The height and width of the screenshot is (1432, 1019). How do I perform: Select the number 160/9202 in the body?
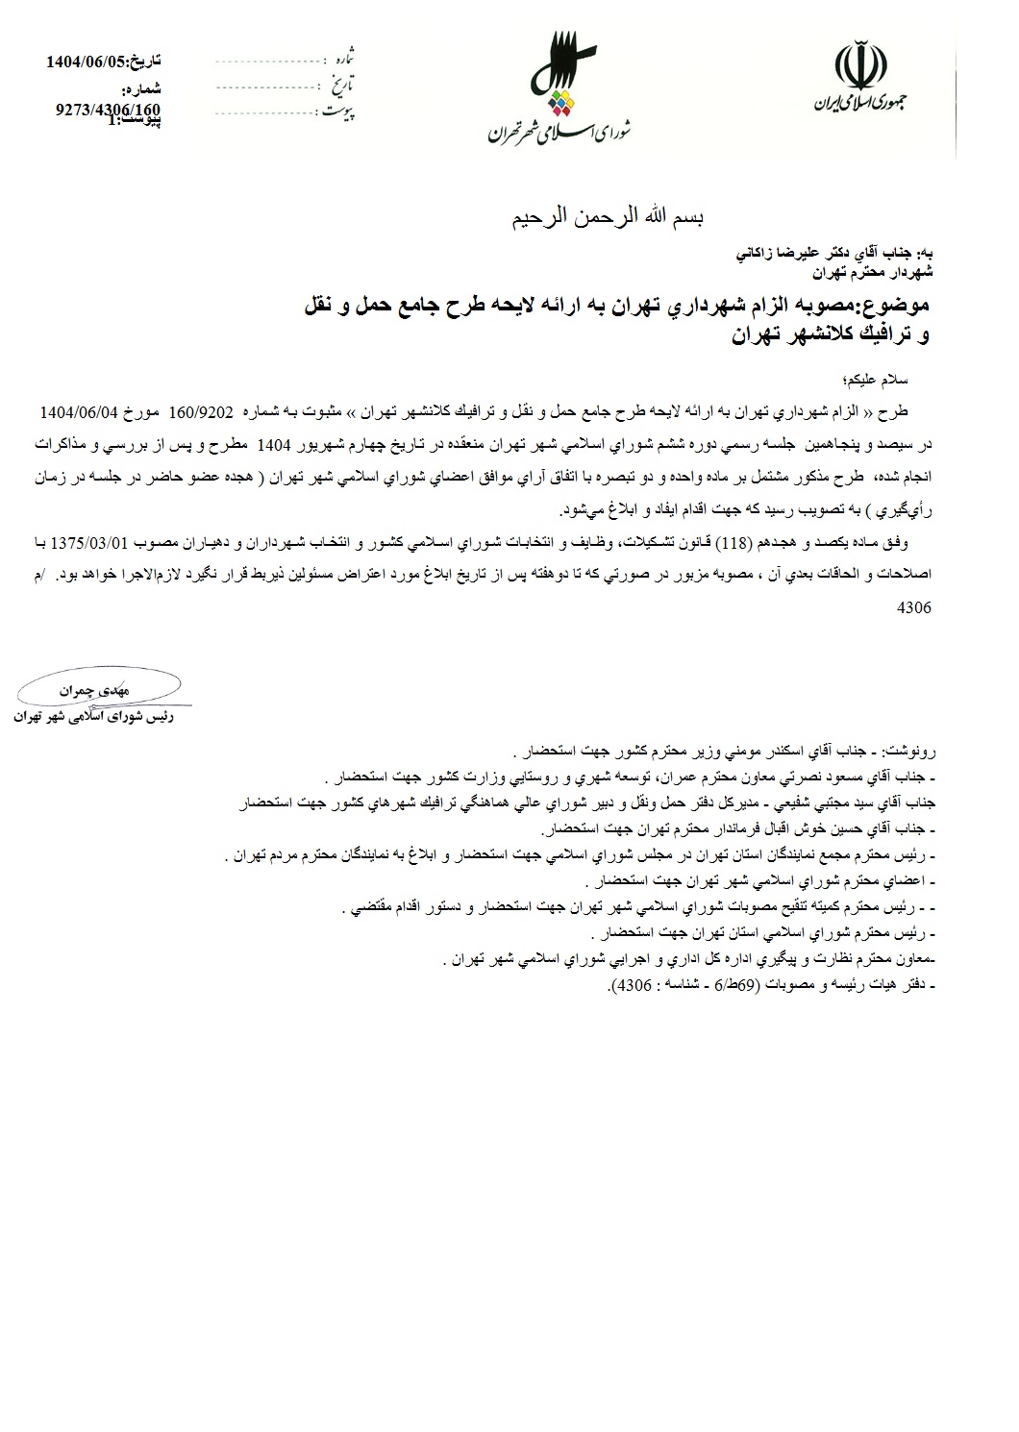[x=202, y=412]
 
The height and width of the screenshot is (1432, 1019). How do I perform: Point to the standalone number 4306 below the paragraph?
[x=913, y=608]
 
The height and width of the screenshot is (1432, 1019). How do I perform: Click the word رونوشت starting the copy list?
[x=908, y=749]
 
